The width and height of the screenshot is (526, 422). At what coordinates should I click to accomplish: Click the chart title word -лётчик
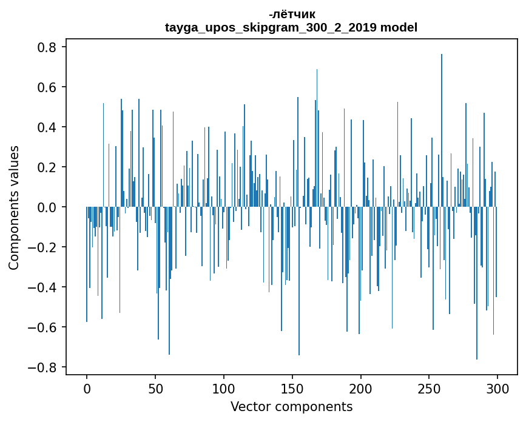291,14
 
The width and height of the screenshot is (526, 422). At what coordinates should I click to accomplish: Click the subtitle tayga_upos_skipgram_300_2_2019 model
291,27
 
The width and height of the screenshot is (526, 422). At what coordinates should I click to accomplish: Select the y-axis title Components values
14,207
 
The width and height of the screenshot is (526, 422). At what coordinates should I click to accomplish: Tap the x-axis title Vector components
291,406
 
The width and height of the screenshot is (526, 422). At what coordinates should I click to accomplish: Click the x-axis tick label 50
155,388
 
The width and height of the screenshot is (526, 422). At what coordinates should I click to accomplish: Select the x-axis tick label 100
224,388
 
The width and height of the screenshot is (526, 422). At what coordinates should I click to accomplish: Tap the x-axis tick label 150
292,388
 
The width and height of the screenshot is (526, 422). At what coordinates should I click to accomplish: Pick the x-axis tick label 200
361,388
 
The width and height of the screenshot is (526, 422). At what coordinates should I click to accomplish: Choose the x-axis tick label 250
430,388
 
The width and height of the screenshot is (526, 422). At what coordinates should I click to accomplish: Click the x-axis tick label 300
497,388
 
